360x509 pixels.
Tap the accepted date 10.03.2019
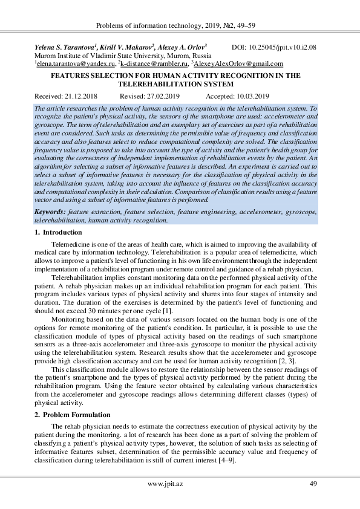(249, 96)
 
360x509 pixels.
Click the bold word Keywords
(51, 213)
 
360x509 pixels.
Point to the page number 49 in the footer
(313, 483)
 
